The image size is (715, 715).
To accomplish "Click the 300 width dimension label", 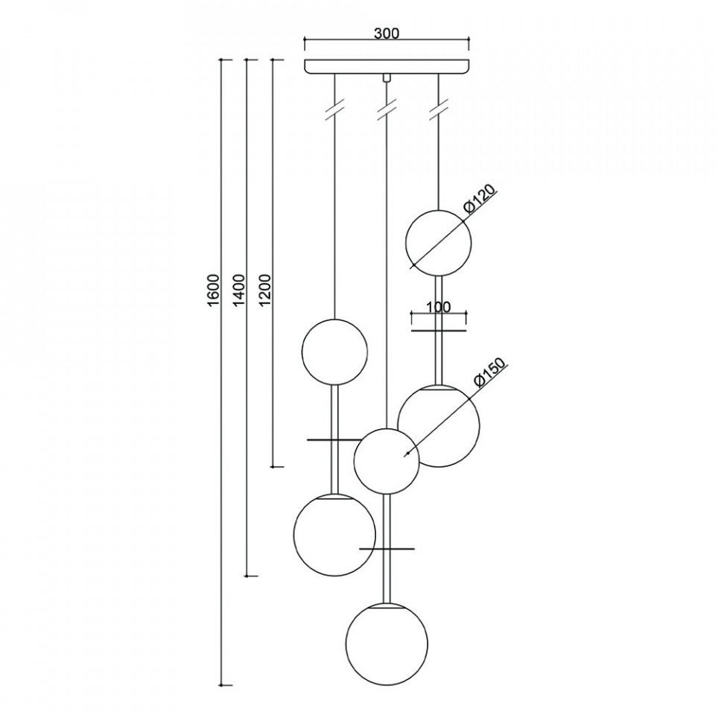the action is click(387, 34).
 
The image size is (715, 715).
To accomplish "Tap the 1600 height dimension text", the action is click(214, 290).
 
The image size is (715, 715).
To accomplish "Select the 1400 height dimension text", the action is click(239, 290).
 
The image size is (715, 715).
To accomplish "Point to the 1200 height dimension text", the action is click(265, 290).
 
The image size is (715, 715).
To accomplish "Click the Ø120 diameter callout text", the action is click(479, 199).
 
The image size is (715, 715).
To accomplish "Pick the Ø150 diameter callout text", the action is click(489, 372).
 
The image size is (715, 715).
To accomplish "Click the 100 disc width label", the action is click(438, 307).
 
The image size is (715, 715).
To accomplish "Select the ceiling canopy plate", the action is click(387, 66).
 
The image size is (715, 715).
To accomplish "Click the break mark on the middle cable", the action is click(387, 110).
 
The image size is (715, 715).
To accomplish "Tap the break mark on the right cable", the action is click(438, 110).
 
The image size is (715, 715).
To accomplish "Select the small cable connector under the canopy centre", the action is click(387, 77).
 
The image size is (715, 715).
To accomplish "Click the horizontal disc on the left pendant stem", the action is click(334, 439).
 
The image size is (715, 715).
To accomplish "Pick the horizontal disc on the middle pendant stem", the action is click(387, 549).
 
